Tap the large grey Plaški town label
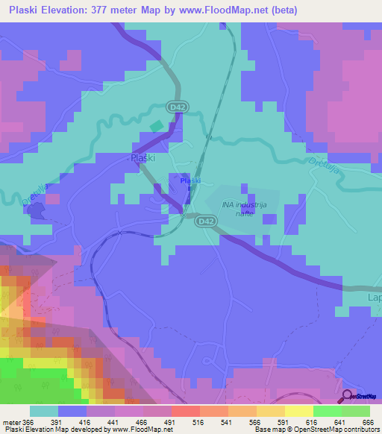(143, 158)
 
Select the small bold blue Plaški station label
(190, 180)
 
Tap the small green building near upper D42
(157, 126)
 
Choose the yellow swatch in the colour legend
(298, 411)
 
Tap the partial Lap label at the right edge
(375, 298)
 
